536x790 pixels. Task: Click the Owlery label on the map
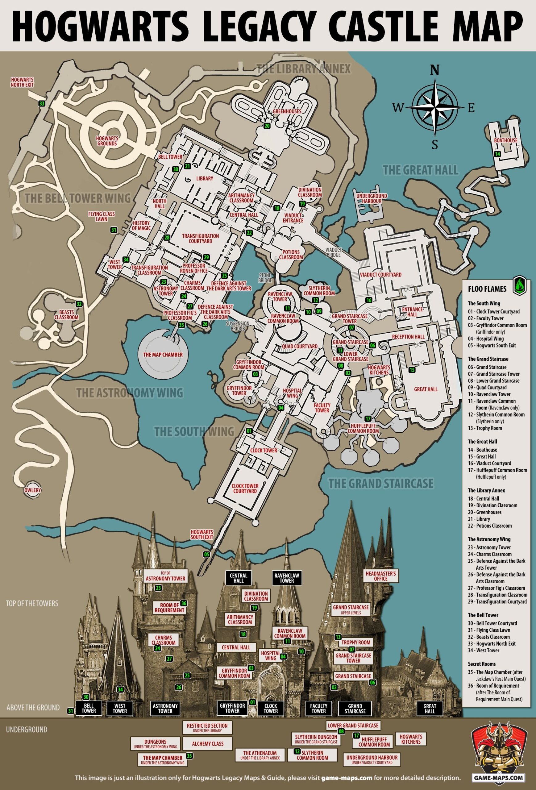pyautogui.click(x=33, y=490)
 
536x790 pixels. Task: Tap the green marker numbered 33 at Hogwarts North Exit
pyautogui.click(x=42, y=104)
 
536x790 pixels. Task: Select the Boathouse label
pyautogui.click(x=506, y=140)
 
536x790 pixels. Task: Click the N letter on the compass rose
pyautogui.click(x=434, y=70)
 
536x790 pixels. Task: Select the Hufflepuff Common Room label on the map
pyautogui.click(x=363, y=429)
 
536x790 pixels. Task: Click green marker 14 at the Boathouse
pyautogui.click(x=497, y=154)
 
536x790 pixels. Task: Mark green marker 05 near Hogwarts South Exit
pyautogui.click(x=206, y=555)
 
